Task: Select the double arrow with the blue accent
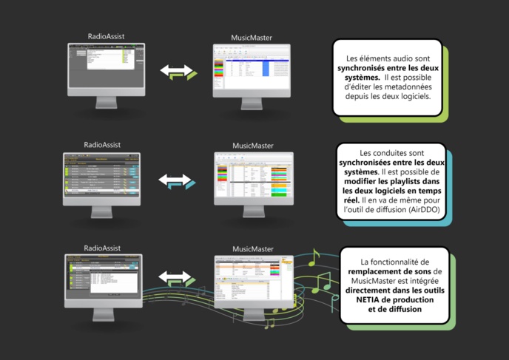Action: (177, 180)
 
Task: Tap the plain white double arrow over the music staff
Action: (176, 278)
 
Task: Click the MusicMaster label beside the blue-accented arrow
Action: (253, 146)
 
